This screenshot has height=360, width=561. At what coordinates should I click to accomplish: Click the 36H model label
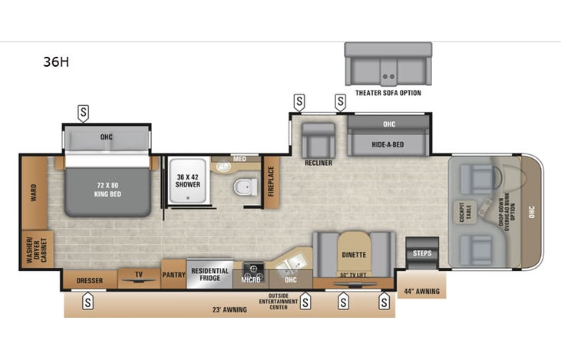pyautogui.click(x=56, y=62)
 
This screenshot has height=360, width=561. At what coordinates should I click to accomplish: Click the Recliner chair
pyautogui.click(x=318, y=141)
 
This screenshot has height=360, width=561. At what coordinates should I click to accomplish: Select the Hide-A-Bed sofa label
pyautogui.click(x=388, y=143)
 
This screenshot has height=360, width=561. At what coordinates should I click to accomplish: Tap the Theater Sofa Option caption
pyautogui.click(x=388, y=93)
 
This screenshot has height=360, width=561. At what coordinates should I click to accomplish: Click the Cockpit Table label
pyautogui.click(x=483, y=212)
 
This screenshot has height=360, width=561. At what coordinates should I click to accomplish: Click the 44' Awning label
pyautogui.click(x=423, y=291)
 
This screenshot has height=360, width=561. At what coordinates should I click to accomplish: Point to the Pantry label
pyautogui.click(x=172, y=272)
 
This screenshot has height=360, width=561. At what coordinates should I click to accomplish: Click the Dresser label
pyautogui.click(x=89, y=281)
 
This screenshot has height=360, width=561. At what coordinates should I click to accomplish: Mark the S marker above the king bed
pyautogui.click(x=84, y=113)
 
